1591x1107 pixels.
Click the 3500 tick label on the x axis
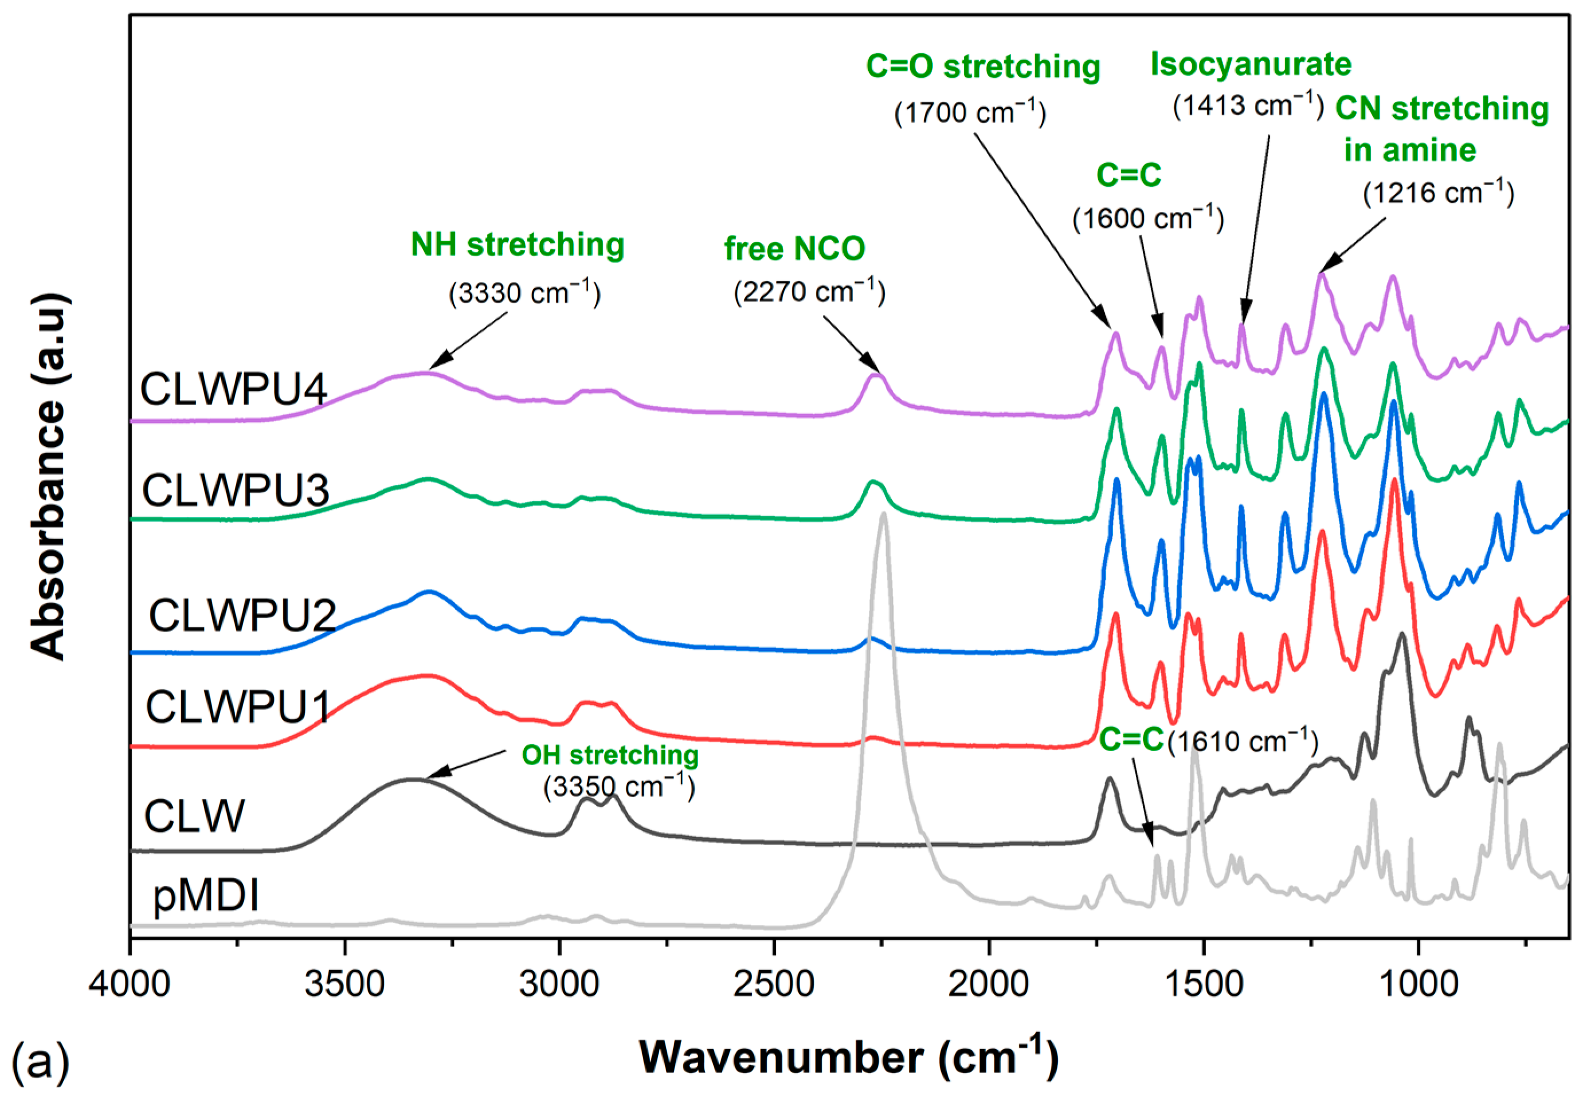[344, 984]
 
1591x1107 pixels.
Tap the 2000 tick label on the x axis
[989, 984]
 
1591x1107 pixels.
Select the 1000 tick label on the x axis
[1418, 984]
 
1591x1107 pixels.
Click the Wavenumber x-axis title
[848, 1058]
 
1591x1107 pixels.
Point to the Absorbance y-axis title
[49, 477]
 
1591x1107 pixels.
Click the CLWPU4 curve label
[233, 389]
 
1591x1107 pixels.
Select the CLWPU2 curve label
[242, 615]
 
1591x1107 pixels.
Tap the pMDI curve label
[206, 895]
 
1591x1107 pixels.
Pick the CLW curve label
[194, 816]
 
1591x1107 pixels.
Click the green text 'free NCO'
[795, 249]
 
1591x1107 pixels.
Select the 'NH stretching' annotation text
[518, 245]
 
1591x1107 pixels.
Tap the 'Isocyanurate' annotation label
[1251, 64]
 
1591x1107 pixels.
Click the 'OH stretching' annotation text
[610, 755]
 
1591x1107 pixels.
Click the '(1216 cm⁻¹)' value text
[1439, 193]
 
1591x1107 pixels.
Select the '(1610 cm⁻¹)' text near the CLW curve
[1243, 742]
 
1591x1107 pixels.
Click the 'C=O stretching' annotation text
[982, 67]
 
